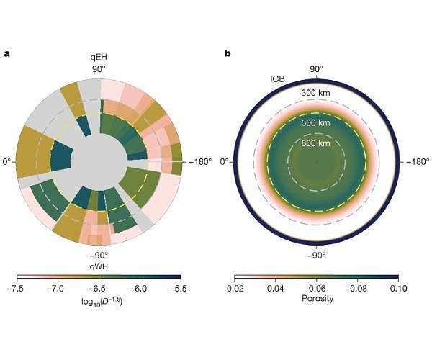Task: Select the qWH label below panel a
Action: pyautogui.click(x=99, y=264)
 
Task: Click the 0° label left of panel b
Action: pyautogui.click(x=225, y=161)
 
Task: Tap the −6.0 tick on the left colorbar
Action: pyautogui.click(x=138, y=288)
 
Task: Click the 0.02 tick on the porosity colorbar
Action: pyautogui.click(x=235, y=288)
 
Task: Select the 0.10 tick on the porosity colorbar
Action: pyautogui.click(x=397, y=288)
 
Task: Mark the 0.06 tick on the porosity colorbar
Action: pyautogui.click(x=317, y=288)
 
